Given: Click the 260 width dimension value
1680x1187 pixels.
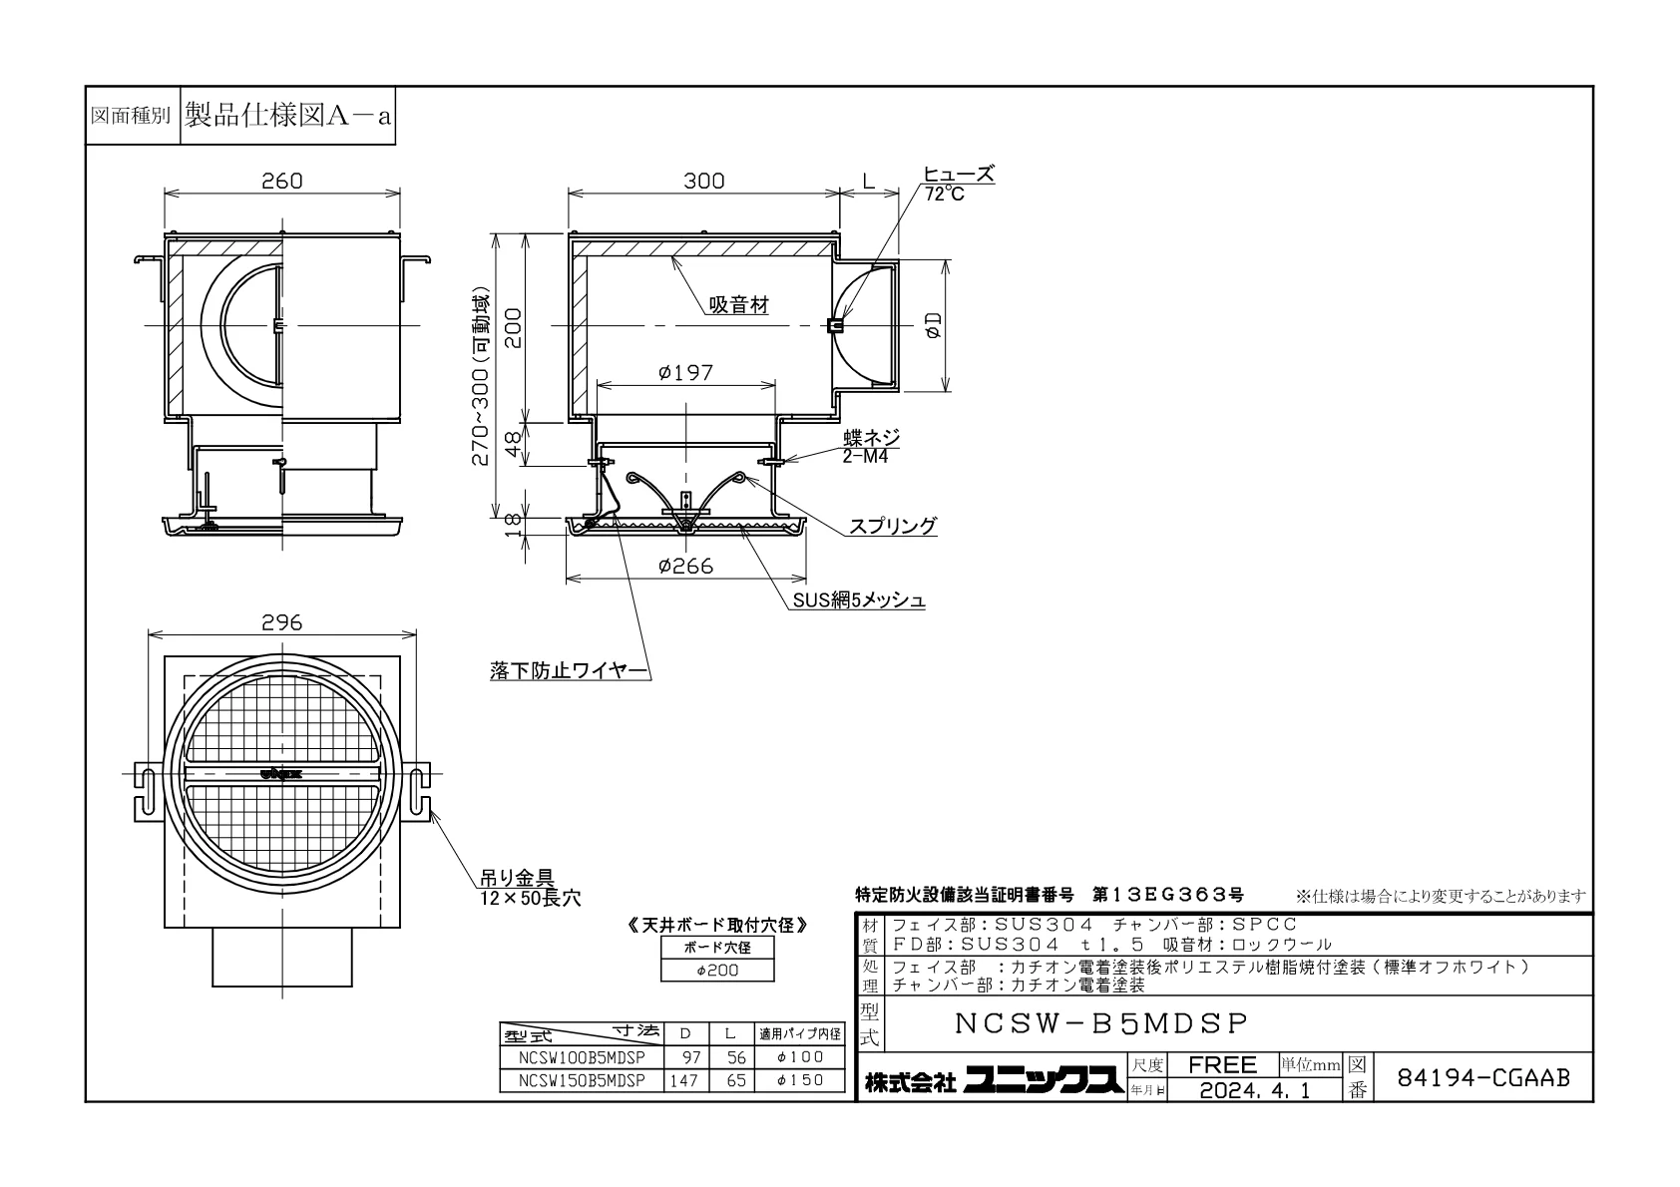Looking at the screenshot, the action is pyautogui.click(x=282, y=182).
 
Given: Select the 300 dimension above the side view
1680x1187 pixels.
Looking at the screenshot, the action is pyautogui.click(x=704, y=182).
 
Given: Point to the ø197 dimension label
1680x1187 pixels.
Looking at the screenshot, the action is pyautogui.click(x=685, y=373).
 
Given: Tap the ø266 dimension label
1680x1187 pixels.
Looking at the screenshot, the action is pyautogui.click(x=685, y=567).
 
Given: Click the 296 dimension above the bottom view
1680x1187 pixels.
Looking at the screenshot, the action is pyautogui.click(x=282, y=623).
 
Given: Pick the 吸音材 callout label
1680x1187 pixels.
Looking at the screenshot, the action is pyautogui.click(x=739, y=305).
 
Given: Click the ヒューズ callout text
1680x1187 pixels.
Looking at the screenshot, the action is pyautogui.click(x=959, y=174).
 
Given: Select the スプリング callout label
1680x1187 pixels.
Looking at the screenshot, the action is pyautogui.click(x=893, y=526).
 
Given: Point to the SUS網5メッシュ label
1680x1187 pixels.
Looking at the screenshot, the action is pyautogui.click(x=859, y=599).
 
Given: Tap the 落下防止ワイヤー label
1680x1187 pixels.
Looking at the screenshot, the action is pyautogui.click(x=570, y=670).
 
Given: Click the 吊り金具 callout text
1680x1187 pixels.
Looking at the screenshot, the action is pyautogui.click(x=518, y=878).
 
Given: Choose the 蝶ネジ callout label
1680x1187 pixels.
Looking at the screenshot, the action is pyautogui.click(x=871, y=437).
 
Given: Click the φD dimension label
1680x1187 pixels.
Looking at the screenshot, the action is pyautogui.click(x=934, y=325).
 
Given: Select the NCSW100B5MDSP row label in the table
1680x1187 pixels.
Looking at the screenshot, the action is pyautogui.click(x=582, y=1057).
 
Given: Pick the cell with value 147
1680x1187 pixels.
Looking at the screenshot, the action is pyautogui.click(x=684, y=1080).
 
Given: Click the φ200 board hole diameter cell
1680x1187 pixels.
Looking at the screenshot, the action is pyautogui.click(x=717, y=971).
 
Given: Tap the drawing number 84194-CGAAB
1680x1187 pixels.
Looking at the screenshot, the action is pyautogui.click(x=1483, y=1078).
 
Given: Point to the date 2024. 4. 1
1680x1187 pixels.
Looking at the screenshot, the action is pyautogui.click(x=1255, y=1090).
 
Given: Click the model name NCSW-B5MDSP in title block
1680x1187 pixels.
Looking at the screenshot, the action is pyautogui.click(x=1101, y=1023).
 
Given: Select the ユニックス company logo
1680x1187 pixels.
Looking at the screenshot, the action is pyautogui.click(x=1044, y=1080).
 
